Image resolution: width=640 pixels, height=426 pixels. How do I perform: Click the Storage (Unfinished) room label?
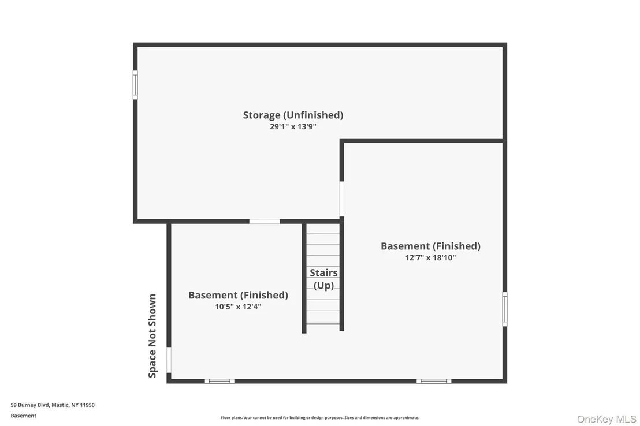[x=293, y=115]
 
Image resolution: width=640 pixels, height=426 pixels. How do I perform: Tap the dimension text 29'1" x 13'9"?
[x=293, y=126]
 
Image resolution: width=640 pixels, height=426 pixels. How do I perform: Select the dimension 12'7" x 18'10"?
[x=430, y=257]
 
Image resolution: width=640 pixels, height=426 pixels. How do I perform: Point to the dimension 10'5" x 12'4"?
[x=239, y=307]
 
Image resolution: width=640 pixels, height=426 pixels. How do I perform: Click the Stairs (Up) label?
[x=323, y=279]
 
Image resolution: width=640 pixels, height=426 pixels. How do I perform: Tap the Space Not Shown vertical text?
[x=152, y=336]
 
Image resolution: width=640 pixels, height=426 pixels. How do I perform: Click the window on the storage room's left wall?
[x=135, y=85]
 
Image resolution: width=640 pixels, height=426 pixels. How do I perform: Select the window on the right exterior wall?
[x=505, y=309]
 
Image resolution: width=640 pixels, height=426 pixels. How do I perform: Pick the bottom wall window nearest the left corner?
[x=219, y=381]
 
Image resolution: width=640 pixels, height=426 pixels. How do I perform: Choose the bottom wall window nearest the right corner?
[x=434, y=381]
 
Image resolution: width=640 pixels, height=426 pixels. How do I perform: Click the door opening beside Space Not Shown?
[x=169, y=360]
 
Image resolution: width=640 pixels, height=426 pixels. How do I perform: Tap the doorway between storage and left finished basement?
[x=265, y=222]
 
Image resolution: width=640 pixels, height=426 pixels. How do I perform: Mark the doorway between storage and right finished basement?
[x=341, y=199]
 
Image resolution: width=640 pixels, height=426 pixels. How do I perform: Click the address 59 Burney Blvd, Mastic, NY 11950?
[x=53, y=405]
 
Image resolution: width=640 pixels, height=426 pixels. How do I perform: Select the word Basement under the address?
[x=24, y=416]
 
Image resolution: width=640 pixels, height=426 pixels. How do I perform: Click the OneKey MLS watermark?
[x=606, y=420]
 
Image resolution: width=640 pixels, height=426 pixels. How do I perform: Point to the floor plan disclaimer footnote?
[x=320, y=418]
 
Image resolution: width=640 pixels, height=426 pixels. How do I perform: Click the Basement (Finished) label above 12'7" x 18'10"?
[x=430, y=246]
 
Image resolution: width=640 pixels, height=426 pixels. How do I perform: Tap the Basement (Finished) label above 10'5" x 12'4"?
[x=239, y=295]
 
